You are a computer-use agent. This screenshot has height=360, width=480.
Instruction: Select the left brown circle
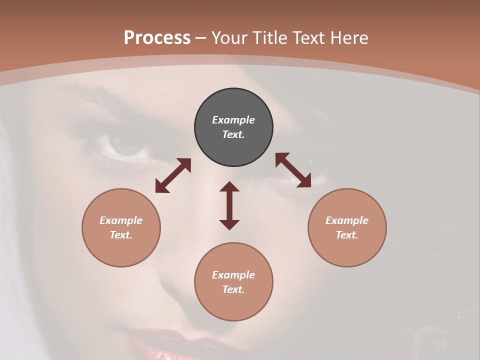[121, 227]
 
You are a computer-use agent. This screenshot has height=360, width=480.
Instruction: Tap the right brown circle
[347, 227]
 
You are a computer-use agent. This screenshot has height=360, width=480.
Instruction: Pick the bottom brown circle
[233, 281]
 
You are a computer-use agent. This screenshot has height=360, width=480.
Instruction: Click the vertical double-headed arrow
[229, 205]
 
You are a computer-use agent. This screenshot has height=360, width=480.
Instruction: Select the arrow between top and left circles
[173, 175]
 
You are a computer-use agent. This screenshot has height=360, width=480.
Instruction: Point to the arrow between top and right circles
[293, 170]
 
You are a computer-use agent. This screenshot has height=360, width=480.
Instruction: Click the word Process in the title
[157, 37]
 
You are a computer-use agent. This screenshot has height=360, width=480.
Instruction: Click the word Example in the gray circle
[233, 120]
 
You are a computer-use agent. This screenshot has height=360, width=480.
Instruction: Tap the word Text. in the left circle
[121, 235]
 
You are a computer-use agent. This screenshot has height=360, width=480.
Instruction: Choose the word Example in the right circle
[347, 220]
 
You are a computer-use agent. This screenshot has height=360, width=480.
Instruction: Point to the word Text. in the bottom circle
[233, 289]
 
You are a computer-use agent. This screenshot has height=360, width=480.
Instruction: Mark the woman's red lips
[165, 345]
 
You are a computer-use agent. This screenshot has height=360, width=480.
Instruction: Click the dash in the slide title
[201, 38]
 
